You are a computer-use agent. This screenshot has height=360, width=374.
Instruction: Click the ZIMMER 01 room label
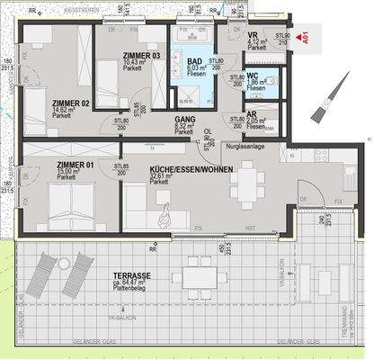click(74, 166)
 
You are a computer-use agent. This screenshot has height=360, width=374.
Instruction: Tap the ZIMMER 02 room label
click(72, 103)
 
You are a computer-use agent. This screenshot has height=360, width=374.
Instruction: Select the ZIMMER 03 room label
click(141, 55)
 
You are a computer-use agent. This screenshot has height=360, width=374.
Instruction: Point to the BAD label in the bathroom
click(194, 60)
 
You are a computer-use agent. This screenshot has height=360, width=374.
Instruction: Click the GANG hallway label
click(185, 120)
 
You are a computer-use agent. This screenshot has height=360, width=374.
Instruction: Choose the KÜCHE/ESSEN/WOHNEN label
click(191, 168)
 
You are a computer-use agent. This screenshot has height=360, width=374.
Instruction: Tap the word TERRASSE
click(130, 274)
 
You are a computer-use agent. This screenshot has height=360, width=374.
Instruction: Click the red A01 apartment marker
click(305, 39)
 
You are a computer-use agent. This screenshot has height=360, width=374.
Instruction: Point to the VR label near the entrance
click(253, 35)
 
